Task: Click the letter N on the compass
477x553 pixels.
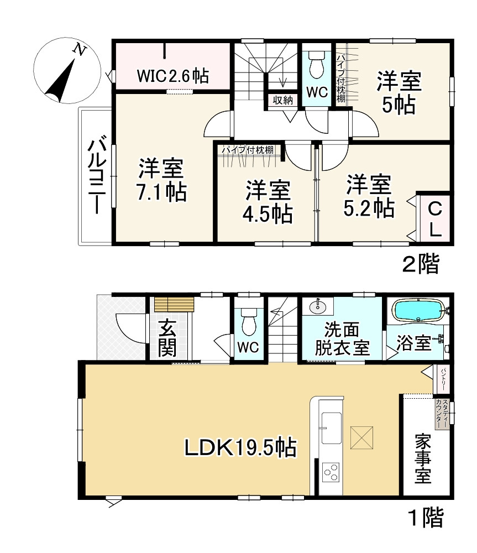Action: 80,50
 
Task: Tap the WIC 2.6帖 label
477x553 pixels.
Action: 173,76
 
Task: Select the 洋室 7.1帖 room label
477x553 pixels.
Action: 161,180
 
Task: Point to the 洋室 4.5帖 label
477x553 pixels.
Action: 268,202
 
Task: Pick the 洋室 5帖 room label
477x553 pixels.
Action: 399,93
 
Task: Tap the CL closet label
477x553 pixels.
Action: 434,220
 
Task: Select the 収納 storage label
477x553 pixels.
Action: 283,100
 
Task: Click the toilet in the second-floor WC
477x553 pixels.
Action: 316,65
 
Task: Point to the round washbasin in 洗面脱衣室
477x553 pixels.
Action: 319,306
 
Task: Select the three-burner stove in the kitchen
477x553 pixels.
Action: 331,472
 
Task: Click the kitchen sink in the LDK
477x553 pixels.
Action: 331,428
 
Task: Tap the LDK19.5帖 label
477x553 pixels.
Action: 240,448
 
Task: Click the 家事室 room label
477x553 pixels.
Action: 423,458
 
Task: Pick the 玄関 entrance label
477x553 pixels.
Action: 167,339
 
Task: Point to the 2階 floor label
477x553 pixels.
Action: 421,264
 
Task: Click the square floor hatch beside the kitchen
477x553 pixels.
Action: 361,437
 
